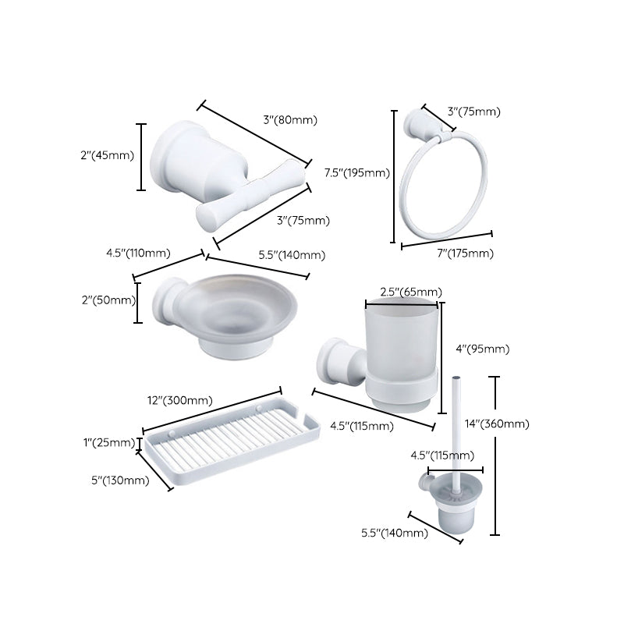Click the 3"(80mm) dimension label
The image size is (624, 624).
pos(290,120)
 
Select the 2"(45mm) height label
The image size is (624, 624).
pos(107,156)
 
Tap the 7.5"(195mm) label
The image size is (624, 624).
pos(356,172)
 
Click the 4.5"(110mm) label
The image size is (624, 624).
pos(138,253)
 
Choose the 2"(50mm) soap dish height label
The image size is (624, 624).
pos(108,299)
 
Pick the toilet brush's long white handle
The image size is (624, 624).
pos(451,421)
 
